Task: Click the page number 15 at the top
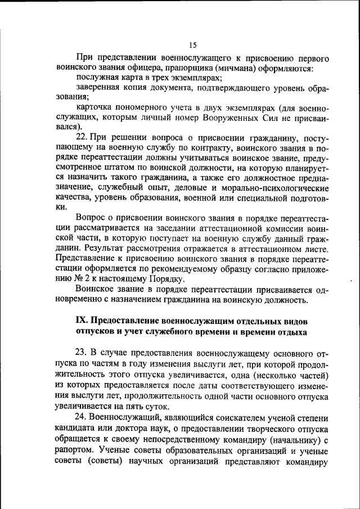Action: pyautogui.click(x=192, y=46)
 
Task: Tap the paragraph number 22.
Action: pyautogui.click(x=81, y=137)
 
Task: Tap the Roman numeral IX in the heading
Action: pyautogui.click(x=82, y=320)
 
